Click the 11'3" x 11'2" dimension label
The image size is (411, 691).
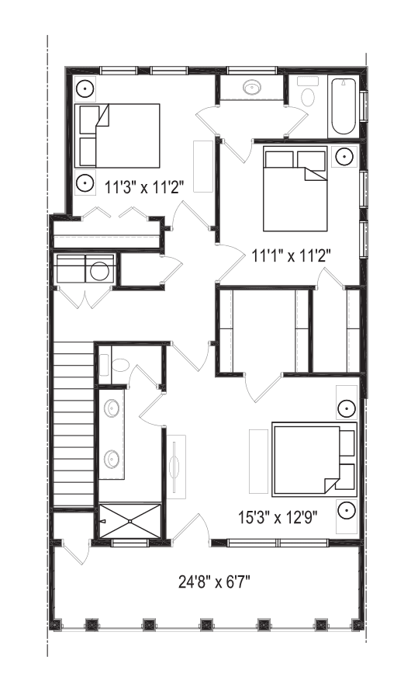143,187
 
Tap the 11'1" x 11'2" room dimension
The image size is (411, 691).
291,255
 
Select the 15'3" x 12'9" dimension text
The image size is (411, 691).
278,516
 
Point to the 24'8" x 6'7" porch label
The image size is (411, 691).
214,582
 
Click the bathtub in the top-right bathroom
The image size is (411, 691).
344,107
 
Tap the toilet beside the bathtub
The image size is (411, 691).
308,92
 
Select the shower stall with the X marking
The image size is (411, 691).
130,521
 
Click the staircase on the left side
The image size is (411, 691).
74,425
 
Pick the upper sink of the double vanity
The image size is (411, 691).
112,408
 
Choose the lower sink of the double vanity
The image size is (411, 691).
112,460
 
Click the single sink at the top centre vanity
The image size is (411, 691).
252,87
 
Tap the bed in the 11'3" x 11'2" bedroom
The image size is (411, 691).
117,136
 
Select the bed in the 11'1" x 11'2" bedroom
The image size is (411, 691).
295,189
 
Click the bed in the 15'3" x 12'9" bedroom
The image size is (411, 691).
314,459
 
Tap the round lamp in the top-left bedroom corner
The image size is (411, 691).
85,89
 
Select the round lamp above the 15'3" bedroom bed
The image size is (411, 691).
347,408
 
